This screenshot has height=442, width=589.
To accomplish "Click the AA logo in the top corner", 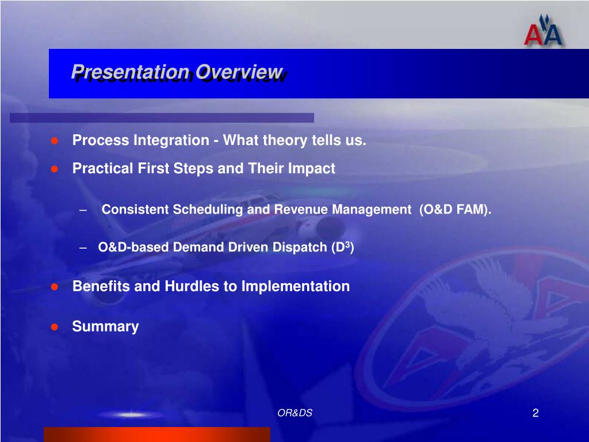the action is coord(543,31).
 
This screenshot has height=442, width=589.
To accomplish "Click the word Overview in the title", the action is coord(239,72).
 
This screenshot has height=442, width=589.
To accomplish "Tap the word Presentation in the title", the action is coord(131,72).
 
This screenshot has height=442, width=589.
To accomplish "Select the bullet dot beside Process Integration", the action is coord(55,140).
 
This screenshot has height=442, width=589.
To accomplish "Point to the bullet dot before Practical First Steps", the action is coord(55,169).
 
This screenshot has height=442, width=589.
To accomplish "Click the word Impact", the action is coord(311,169).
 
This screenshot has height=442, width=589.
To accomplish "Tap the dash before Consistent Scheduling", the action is coord(83,209).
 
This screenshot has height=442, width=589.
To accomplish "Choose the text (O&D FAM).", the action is coord(456,209).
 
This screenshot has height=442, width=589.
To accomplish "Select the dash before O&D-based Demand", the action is coord(83,247).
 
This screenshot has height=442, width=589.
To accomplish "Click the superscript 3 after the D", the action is coord(348,244).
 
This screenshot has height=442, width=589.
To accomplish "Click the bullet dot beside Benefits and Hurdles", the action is coord(55,287).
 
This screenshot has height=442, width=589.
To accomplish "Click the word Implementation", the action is coord(296,287).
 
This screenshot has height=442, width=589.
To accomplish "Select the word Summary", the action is coord(105,327).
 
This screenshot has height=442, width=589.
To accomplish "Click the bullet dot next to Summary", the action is coord(55,327).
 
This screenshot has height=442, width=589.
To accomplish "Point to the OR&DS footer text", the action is coord(295,413).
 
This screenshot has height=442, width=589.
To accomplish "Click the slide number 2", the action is coord(536,413).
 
